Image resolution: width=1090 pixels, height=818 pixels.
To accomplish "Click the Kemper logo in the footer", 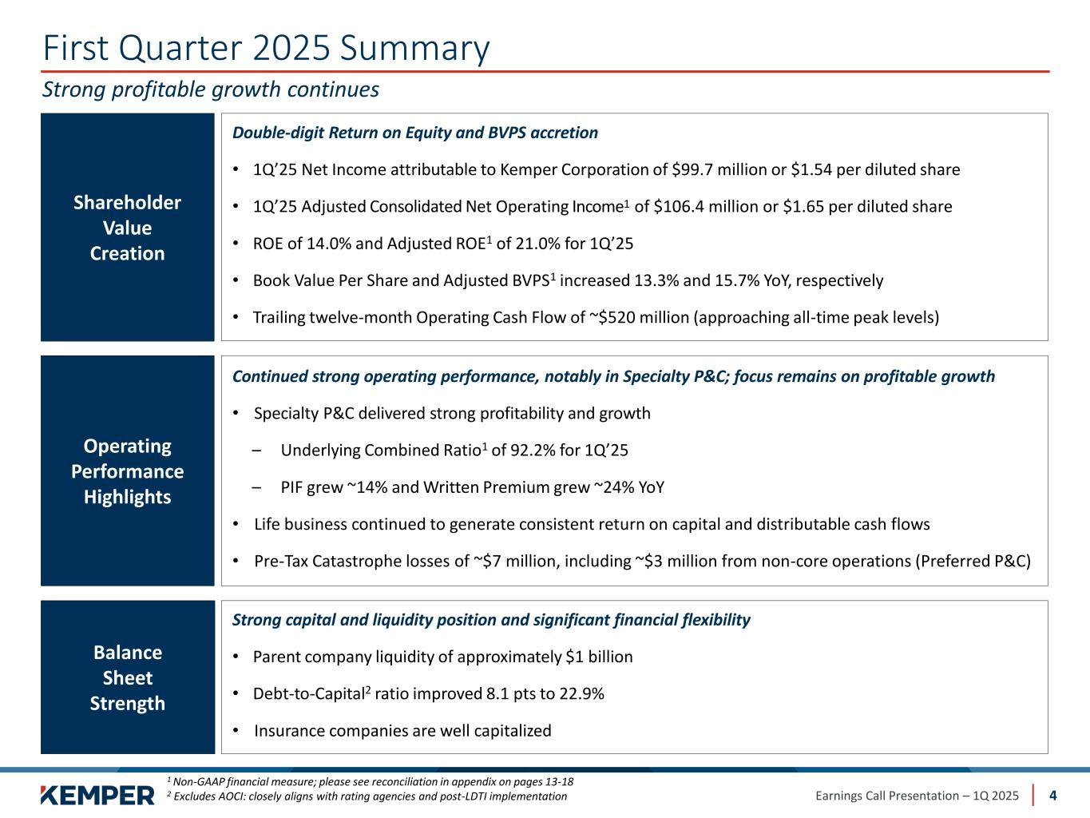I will point(97,795).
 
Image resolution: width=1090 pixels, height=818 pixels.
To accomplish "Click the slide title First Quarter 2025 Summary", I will point(266,49).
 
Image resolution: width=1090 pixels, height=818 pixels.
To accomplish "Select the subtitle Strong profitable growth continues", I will point(211,89).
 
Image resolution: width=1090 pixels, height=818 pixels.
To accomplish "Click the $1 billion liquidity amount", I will point(599,657).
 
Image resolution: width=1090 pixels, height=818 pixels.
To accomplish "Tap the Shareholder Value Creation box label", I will point(128,228).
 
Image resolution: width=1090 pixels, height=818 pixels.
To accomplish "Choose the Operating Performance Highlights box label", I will point(128,471).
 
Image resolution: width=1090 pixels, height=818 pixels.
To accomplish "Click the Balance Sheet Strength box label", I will point(128,677).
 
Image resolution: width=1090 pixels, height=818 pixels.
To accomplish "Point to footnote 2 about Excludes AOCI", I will point(367,796).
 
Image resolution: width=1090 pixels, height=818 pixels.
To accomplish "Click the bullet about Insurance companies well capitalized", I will point(402,731).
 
